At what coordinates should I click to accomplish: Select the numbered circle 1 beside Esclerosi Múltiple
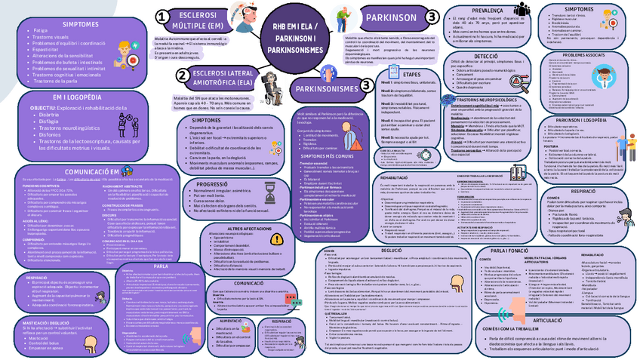(x=162, y=17)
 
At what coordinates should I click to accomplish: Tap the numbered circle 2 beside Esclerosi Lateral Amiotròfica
(x=182, y=75)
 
